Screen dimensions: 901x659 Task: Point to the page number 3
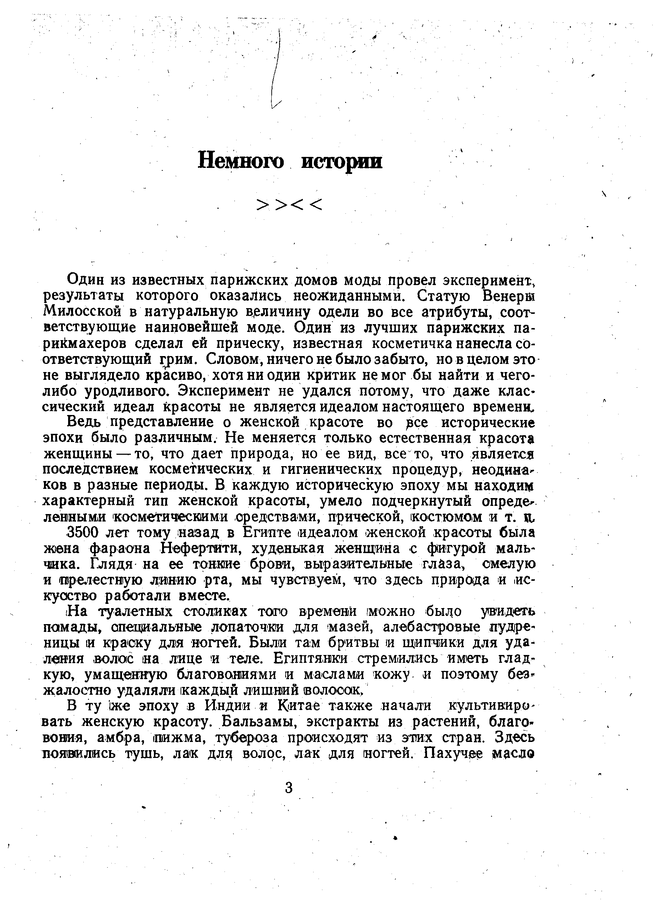[x=289, y=788]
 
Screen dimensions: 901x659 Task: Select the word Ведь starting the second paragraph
[x=84, y=422]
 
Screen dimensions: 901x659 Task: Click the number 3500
[x=83, y=533]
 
